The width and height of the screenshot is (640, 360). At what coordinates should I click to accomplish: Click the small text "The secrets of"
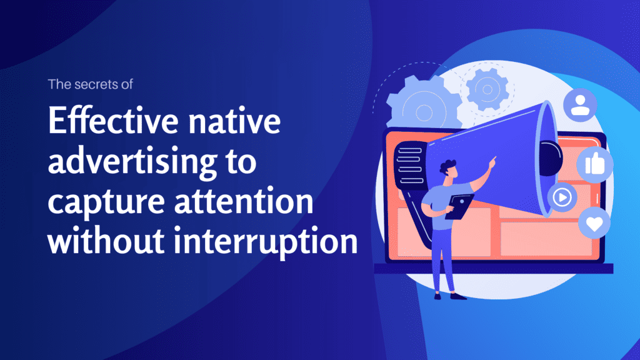pos(91,86)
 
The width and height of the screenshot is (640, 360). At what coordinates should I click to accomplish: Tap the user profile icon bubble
pos(580,104)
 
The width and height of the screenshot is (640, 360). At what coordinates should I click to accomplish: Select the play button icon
pos(562,198)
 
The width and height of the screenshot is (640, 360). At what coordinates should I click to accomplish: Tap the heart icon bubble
pos(595,223)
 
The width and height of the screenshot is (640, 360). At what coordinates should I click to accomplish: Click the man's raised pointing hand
pos(493,160)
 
